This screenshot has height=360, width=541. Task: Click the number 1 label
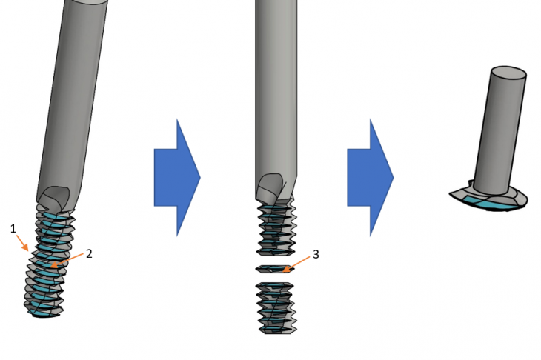[x=13, y=229]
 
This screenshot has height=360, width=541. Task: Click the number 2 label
[x=89, y=254]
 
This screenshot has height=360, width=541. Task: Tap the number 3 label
[x=316, y=255]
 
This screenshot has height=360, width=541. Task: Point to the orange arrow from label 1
[x=22, y=243]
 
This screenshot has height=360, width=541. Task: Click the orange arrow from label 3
[x=296, y=264]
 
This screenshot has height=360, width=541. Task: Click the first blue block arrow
[x=177, y=178]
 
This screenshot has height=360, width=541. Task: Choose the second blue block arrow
[x=371, y=178]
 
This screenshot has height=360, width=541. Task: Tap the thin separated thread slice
[x=275, y=269]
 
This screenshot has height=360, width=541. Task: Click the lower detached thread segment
[x=276, y=308]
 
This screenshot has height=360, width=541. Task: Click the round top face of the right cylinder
[x=508, y=73]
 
